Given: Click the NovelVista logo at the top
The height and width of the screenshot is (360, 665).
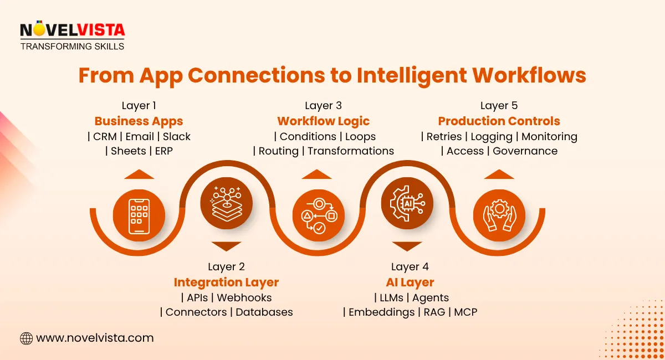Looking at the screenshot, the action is point(72,35).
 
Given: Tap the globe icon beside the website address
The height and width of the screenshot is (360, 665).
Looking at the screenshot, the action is point(26,338).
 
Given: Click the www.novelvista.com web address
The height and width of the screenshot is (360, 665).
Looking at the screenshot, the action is point(95,338).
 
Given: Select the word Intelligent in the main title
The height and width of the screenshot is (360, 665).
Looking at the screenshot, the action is point(412,75).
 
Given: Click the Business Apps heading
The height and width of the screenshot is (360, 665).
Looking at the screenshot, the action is point(139,121).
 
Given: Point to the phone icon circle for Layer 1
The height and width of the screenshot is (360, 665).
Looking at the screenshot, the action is point(139,215).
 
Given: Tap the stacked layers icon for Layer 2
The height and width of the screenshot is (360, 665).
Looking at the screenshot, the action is point(227,203).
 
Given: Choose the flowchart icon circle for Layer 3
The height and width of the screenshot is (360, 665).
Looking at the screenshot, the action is point(319,215).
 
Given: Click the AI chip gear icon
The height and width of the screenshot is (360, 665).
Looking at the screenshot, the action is point(407,203).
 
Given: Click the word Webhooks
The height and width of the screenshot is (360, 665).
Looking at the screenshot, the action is point(244,297).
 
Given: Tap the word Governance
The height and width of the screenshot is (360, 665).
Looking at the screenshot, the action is point(525,151).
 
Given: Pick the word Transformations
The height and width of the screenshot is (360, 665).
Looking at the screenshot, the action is point(351,151).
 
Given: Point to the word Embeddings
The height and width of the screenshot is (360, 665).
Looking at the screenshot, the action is point(381,312).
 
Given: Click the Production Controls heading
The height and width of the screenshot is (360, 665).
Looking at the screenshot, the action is point(499,121).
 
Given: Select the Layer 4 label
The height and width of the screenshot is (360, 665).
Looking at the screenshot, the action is point(410,266).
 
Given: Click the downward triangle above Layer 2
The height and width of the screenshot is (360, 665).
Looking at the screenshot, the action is point(227,246).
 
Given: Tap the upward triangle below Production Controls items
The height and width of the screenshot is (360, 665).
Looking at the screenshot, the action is point(499,174).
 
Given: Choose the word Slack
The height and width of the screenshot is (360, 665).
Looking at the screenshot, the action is point(176,136).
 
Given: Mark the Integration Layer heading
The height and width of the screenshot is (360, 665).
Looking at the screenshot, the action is point(226,282).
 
